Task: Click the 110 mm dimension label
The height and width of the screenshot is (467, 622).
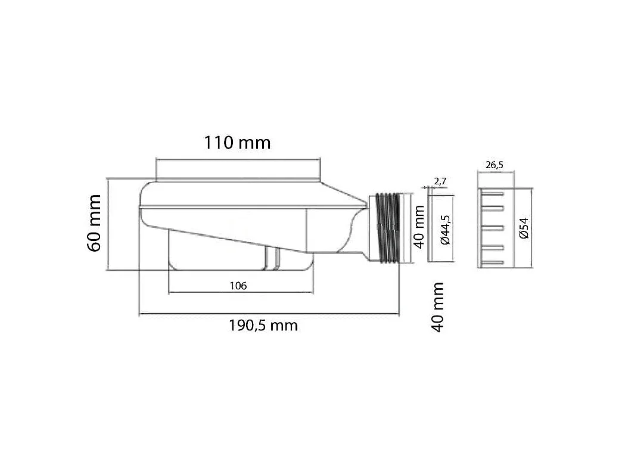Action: click(x=237, y=143)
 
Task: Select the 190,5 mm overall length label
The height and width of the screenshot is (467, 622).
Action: click(x=263, y=326)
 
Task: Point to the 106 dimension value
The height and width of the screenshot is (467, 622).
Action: click(x=238, y=286)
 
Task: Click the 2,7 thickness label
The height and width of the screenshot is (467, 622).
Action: click(x=440, y=180)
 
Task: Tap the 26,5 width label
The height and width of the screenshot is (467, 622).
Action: click(x=495, y=165)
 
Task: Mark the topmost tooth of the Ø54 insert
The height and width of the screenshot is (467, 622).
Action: click(x=496, y=192)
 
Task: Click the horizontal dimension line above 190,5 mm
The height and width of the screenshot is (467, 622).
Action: click(x=268, y=314)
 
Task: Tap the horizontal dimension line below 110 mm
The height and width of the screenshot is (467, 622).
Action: click(x=238, y=159)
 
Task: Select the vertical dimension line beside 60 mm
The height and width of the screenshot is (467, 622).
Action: click(x=107, y=224)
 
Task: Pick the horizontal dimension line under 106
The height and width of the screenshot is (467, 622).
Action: click(x=241, y=293)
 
